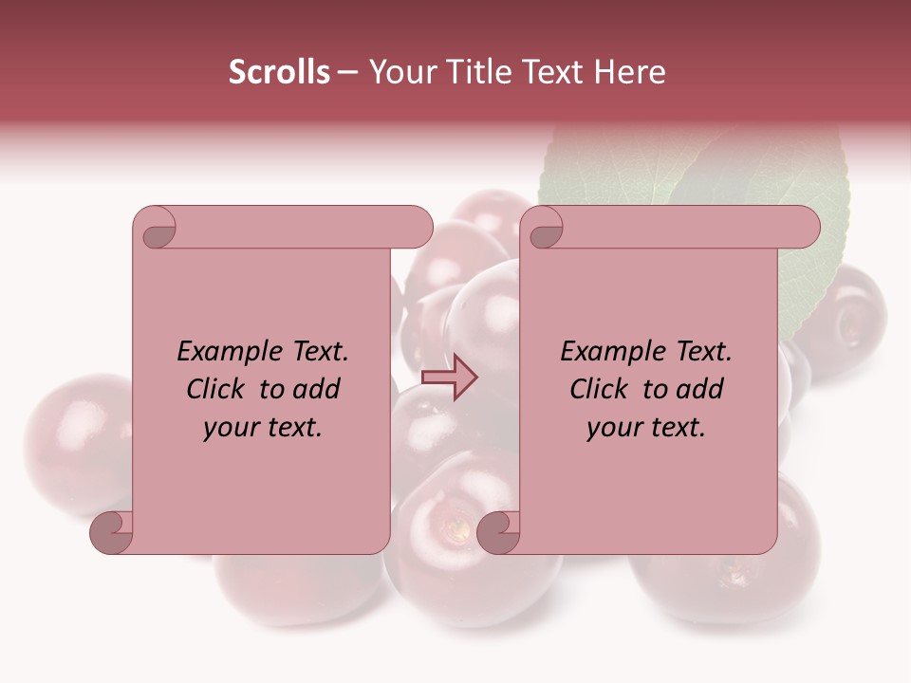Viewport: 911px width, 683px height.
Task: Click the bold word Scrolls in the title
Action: [x=279, y=72]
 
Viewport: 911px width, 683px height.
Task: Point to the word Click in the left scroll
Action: [x=217, y=389]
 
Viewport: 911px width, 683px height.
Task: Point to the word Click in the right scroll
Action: [x=601, y=389]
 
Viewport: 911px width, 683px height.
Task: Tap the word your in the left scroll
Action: [x=232, y=428]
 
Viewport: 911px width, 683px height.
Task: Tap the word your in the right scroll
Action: [x=616, y=428]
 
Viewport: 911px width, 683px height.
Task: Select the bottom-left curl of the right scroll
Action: [x=499, y=532]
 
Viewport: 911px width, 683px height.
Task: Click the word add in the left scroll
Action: [x=316, y=389]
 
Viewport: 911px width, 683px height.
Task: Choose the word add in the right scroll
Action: [x=699, y=389]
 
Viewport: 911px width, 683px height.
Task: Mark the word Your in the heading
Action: [x=400, y=72]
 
